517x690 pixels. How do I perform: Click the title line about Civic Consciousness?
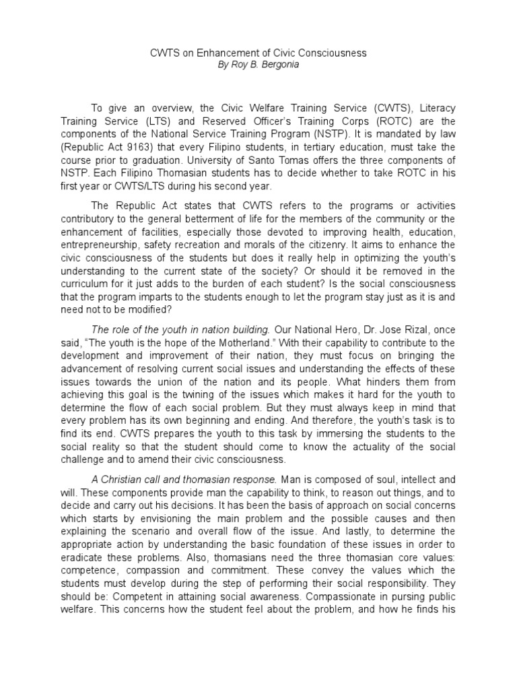[x=258, y=53]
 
